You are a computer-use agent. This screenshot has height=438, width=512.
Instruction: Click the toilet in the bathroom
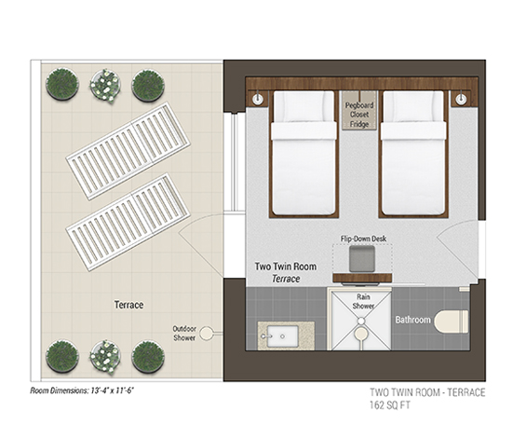coord(451,321)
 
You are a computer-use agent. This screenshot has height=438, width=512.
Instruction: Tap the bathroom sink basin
coord(283,336)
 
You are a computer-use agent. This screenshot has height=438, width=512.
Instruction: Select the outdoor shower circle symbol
coord(206,334)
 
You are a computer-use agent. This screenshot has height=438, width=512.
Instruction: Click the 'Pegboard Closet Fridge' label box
coord(359,111)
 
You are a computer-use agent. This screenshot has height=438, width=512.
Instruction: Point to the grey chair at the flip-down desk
coord(362,258)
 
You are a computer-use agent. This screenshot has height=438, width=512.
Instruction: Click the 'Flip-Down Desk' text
coord(363,239)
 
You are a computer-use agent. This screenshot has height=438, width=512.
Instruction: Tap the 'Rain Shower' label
coord(363,301)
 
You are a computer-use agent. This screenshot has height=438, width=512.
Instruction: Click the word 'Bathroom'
coord(413,320)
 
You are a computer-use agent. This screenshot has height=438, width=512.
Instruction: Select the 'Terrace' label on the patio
coord(129,305)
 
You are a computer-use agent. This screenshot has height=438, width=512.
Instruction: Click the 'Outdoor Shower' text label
coord(184,333)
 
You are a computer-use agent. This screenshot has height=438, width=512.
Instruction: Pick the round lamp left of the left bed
coord(258,99)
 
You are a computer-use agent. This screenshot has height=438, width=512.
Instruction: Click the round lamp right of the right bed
coord(461,99)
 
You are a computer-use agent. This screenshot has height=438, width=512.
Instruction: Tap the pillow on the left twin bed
coord(303,106)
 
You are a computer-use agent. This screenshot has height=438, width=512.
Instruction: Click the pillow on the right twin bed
coord(413,106)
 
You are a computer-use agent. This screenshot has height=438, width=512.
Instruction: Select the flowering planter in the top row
coord(105,86)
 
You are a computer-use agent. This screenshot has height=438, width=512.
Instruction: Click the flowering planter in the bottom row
coord(105,357)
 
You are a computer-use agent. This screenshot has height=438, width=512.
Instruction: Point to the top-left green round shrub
coord(62,84)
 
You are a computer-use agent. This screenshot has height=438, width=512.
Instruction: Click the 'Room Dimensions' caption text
coord(82,390)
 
